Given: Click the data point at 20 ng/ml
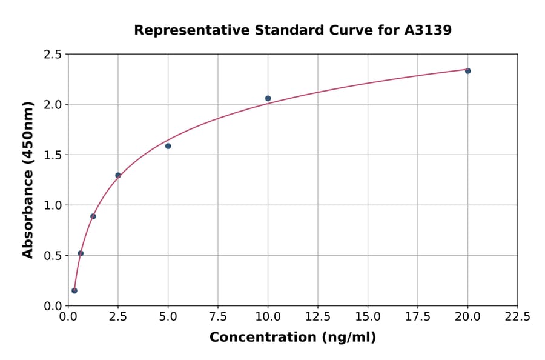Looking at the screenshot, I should tap(467, 71).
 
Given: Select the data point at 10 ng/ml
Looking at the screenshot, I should tap(268, 98).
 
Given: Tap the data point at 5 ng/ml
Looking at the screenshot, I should tap(168, 146).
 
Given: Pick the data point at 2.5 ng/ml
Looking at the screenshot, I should tap(118, 175).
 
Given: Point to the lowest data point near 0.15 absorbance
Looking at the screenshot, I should tap(74, 290).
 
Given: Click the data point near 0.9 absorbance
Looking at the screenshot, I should tap(93, 216).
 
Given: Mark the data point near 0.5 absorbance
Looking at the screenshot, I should tap(81, 253).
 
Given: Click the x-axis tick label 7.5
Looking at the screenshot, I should tap(218, 316).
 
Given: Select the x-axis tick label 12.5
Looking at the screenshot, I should tap(318, 316).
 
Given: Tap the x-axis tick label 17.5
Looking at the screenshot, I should tap(418, 316).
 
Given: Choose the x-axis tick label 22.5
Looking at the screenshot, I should tap(518, 316).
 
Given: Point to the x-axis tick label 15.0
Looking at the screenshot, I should tap(368, 316).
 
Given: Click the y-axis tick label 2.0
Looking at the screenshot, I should tap(53, 105).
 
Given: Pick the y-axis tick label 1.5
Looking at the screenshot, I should tap(53, 155).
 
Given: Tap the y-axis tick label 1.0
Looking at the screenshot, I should tap(53, 205).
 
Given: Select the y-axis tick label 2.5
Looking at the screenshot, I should tap(53, 55).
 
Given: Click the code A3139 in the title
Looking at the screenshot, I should tap(428, 30).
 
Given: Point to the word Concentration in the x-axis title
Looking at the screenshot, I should tap(262, 337).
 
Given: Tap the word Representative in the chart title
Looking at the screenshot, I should tap(185, 30).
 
